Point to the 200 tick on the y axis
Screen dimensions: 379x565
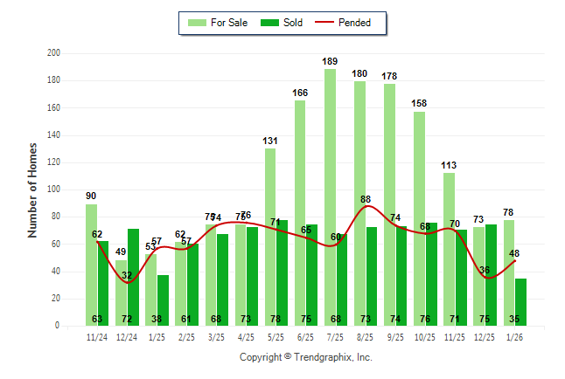coord(53,53)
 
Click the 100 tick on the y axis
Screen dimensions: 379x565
coord(53,189)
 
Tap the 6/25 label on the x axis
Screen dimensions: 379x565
coord(306,336)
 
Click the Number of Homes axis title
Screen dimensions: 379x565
coord(33,189)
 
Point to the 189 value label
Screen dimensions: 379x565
coord(330,61)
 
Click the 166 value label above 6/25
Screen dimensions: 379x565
coord(300,93)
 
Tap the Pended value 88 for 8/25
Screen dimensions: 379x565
coord(366,199)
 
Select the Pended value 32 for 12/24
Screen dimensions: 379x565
coord(127,275)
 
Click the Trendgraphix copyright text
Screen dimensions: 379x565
coord(305,357)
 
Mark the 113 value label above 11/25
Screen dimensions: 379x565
coord(449,165)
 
